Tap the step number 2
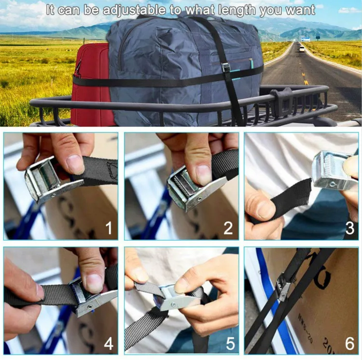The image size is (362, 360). pyautogui.click(x=228, y=228)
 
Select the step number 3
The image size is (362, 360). pyautogui.click(x=349, y=228)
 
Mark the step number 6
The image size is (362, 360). pyautogui.click(x=349, y=344)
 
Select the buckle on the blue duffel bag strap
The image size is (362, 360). pyautogui.click(x=226, y=68)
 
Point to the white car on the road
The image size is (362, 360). pyautogui.click(x=302, y=49)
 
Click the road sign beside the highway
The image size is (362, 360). pyautogui.click(x=305, y=39)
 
